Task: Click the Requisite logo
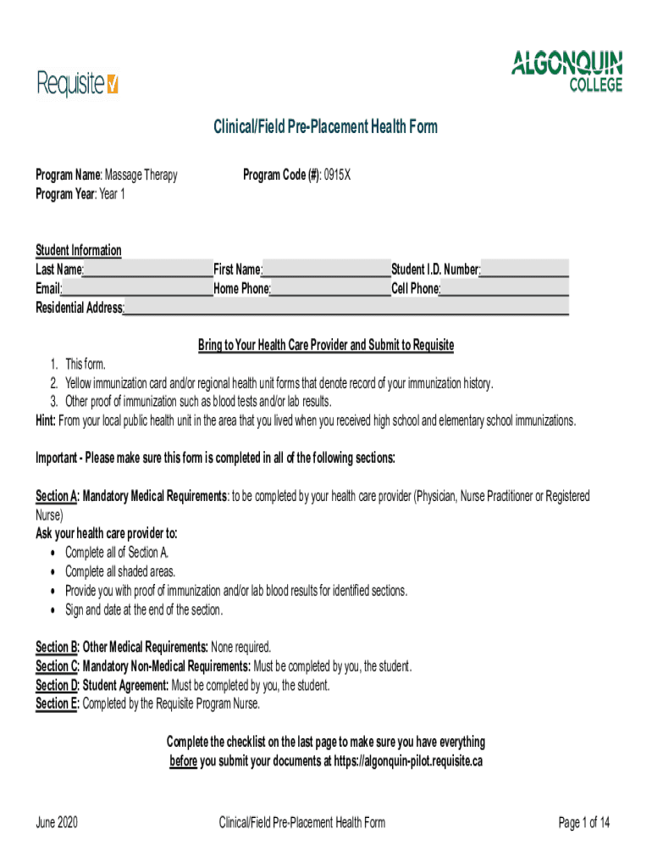77,83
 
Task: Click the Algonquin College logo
566,70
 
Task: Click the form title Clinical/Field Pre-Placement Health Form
325,127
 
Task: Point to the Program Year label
66,194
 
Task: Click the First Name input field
326,270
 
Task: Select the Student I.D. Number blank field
524,270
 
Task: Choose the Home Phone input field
330,289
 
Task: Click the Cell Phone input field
504,289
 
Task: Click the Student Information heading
78,250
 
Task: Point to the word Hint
46,421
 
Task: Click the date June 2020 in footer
57,822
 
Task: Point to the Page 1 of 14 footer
583,822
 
